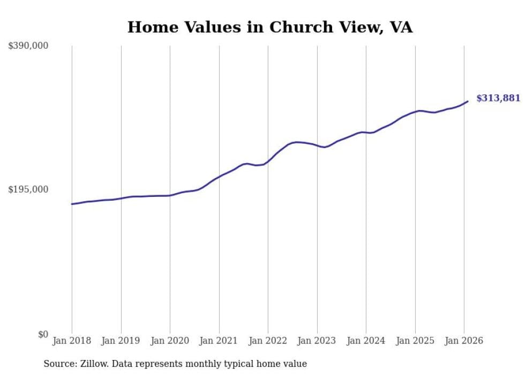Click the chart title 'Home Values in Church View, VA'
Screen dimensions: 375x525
point(269,27)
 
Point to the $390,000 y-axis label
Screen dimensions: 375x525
point(28,46)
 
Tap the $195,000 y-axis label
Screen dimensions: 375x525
point(28,189)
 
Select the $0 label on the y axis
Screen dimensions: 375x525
point(43,334)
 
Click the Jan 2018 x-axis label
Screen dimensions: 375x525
point(72,341)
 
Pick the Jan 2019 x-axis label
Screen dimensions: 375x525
point(121,341)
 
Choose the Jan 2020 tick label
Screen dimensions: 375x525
point(170,341)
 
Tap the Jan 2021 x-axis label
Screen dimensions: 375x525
point(219,341)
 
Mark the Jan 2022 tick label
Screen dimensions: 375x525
point(268,341)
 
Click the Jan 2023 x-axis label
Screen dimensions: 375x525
point(317,341)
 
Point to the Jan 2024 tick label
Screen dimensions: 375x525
point(366,341)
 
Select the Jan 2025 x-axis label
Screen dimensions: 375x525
point(415,341)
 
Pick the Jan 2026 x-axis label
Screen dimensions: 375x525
point(464,341)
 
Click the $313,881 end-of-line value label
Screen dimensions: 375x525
point(498,98)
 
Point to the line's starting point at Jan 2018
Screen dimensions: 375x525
point(72,204)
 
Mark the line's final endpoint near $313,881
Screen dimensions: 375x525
point(468,101)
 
